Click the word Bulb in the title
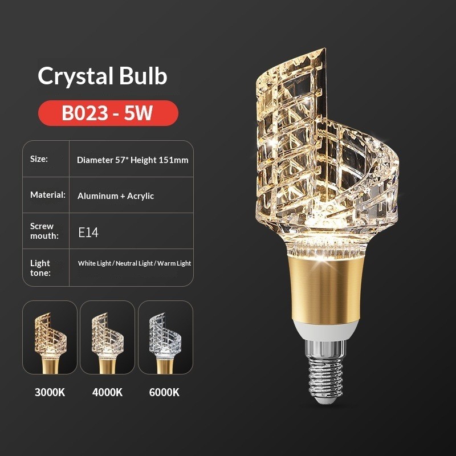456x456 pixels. [x=143, y=76]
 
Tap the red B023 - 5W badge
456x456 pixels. [x=108, y=113]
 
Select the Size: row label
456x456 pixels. [x=39, y=159]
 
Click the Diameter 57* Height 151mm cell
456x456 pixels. [x=133, y=160]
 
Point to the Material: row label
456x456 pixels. [x=48, y=195]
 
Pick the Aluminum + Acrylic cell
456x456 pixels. [x=116, y=196]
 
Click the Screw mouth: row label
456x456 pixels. [x=44, y=231]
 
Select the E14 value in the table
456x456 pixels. [x=88, y=233]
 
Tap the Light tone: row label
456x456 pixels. [x=40, y=268]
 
